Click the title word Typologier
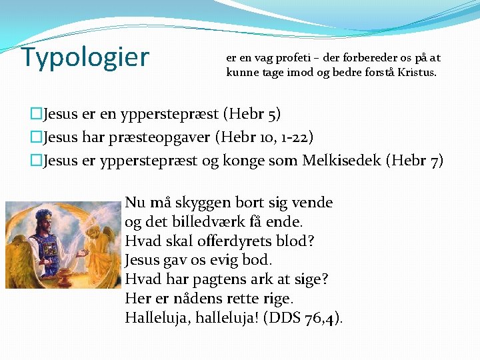point(85,58)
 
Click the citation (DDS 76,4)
point(303,318)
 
